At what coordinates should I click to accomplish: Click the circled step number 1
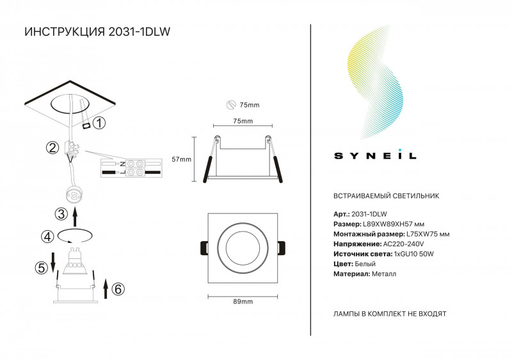pyautogui.click(x=99, y=123)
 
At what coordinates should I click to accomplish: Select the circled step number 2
pyautogui.click(x=52, y=148)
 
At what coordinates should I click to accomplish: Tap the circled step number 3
pyautogui.click(x=61, y=214)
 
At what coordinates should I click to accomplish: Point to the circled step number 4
pyautogui.click(x=47, y=237)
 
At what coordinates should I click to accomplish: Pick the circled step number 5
pyautogui.click(x=42, y=268)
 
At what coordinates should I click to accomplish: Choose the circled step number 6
pyautogui.click(x=118, y=289)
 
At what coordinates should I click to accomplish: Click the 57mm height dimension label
pyautogui.click(x=182, y=159)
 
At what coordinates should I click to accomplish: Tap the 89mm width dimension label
pyautogui.click(x=243, y=302)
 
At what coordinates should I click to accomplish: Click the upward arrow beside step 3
pyautogui.click(x=75, y=217)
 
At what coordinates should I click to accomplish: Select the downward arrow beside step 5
pyautogui.click(x=52, y=262)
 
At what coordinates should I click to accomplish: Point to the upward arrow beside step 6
pyautogui.click(x=106, y=288)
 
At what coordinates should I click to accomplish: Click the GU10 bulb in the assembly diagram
pyautogui.click(x=74, y=260)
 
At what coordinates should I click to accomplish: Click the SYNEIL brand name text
pyautogui.click(x=375, y=155)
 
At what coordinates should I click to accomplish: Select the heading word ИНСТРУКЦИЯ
pyautogui.click(x=65, y=32)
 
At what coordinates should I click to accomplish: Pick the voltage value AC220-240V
pyautogui.click(x=403, y=244)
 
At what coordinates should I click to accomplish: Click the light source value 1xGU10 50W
pyautogui.click(x=414, y=254)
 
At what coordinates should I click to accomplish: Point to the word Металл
pyautogui.click(x=384, y=274)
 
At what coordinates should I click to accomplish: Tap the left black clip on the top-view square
pyautogui.click(x=204, y=248)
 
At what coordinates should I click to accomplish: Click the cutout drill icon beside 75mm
pyautogui.click(x=231, y=105)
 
